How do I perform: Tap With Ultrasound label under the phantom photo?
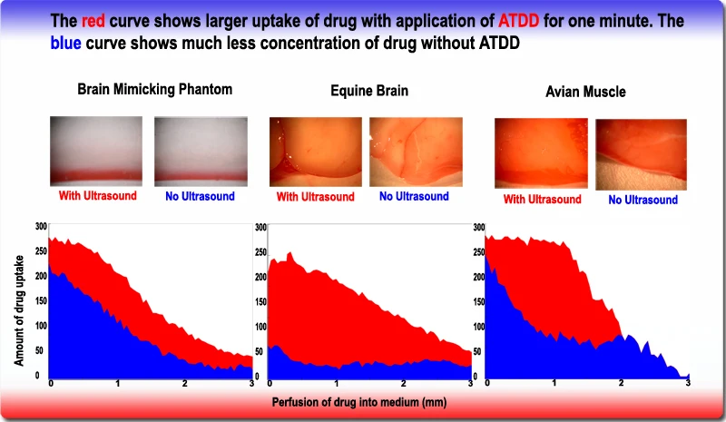(x=95, y=195)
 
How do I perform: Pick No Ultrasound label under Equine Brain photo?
(x=414, y=196)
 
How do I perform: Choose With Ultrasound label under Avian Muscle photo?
(x=542, y=200)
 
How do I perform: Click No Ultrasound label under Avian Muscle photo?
(x=643, y=200)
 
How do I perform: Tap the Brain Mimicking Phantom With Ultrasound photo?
(x=96, y=150)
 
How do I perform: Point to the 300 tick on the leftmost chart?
(x=42, y=225)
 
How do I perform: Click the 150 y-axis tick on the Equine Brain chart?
(x=260, y=301)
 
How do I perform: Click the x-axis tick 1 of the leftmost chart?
(x=117, y=384)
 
